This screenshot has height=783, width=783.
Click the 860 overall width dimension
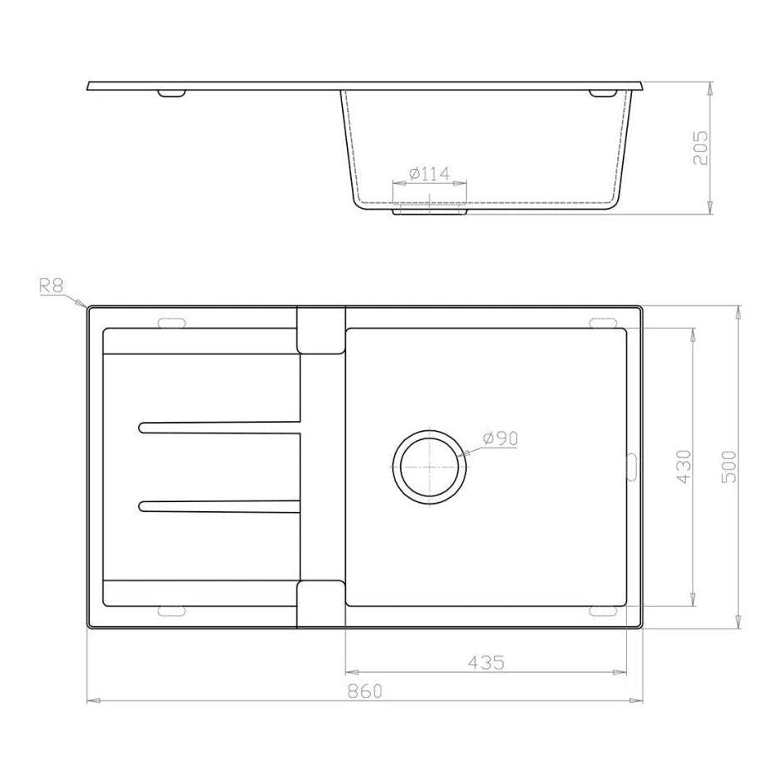click(x=365, y=691)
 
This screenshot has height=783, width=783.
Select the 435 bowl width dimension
click(x=487, y=662)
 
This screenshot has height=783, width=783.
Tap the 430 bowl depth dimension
click(x=683, y=466)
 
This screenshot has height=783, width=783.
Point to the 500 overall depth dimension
click(x=729, y=466)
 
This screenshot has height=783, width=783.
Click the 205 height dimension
click(x=701, y=147)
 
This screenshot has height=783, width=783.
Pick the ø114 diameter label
click(x=429, y=174)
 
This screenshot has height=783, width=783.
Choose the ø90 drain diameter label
click(x=500, y=438)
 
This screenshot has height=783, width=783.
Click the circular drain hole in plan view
click(x=431, y=465)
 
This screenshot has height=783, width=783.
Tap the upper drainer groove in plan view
click(x=220, y=426)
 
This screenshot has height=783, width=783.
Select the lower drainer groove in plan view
click(x=220, y=507)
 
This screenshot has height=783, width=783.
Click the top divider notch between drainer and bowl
click(x=321, y=330)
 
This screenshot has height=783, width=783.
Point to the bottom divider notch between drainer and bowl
click(x=321, y=603)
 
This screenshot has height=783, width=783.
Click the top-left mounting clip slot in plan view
click(x=171, y=321)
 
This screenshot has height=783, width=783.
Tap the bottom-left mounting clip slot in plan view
click(x=171, y=612)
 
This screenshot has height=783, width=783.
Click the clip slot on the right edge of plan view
click(x=631, y=465)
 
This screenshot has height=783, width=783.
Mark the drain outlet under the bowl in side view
click(x=429, y=211)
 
